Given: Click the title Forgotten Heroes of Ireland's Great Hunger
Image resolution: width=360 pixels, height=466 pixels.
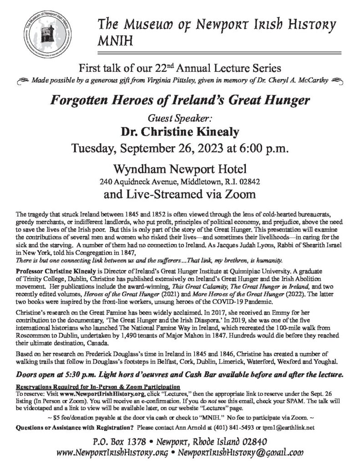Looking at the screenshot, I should click(180, 101).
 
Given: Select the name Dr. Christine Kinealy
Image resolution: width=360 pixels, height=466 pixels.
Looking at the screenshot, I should click(180, 132).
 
